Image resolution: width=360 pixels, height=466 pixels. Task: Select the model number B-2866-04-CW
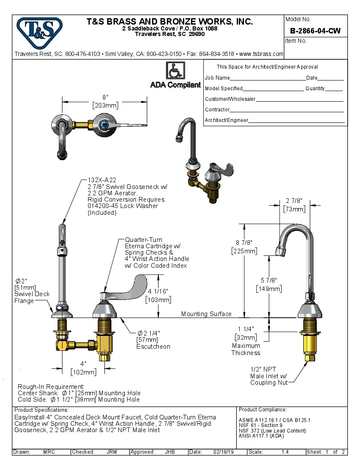pos(315,31)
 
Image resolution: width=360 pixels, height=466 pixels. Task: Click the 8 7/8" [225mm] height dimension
pos(244,247)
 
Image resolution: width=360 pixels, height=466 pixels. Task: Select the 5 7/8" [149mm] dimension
pos(269,285)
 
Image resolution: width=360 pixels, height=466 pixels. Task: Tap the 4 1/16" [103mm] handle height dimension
pos(158,295)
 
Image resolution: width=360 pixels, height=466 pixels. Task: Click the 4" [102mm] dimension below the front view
pos(83,368)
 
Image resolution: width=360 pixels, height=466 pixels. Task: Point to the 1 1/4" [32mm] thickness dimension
pos(246,333)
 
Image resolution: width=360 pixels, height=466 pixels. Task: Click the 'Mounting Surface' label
pos(206,314)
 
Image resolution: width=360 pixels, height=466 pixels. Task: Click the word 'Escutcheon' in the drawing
pos(153,347)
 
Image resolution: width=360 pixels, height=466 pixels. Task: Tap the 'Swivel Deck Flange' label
pos(32,297)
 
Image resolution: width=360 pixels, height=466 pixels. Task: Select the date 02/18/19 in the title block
pos(223,452)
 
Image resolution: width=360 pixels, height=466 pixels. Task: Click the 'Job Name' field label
pos(217,78)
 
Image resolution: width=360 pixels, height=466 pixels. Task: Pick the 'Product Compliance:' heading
pos(263,410)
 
